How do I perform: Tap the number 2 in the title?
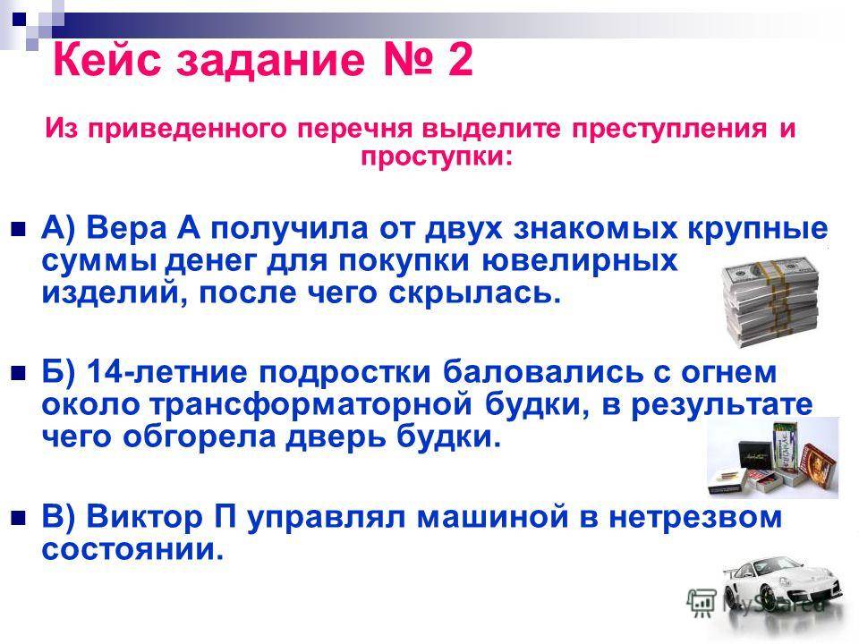coord(457,62)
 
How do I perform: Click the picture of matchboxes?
coord(772,455)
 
